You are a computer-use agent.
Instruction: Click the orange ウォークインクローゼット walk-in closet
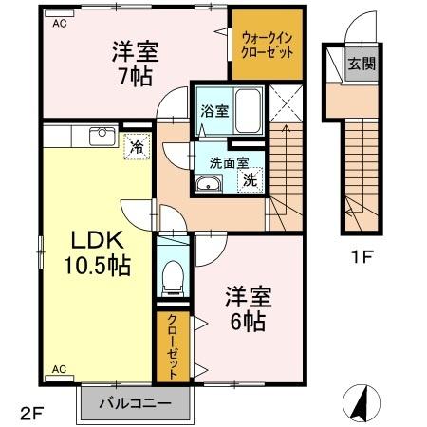click(267, 44)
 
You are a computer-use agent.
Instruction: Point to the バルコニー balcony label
click(139, 403)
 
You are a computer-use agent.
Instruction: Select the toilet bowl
click(173, 277)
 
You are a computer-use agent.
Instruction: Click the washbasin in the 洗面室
click(209, 183)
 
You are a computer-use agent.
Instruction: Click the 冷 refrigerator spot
click(137, 146)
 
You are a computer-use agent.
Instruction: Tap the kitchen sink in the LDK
click(102, 136)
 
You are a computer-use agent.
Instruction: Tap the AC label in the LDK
click(59, 367)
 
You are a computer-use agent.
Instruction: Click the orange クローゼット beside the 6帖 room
click(174, 346)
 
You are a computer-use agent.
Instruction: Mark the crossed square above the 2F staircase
click(284, 104)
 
